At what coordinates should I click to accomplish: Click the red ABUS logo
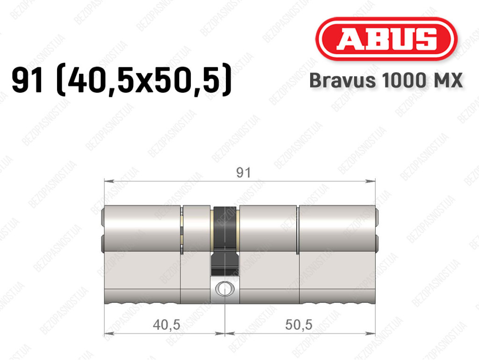(x=386, y=38)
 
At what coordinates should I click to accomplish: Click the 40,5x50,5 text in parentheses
(x=144, y=81)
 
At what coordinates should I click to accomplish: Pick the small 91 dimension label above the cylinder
(x=243, y=173)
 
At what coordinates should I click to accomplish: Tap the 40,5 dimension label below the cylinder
(x=167, y=324)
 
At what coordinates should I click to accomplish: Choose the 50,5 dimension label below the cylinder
(x=299, y=324)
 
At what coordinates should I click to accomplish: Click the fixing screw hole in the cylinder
(x=225, y=288)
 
